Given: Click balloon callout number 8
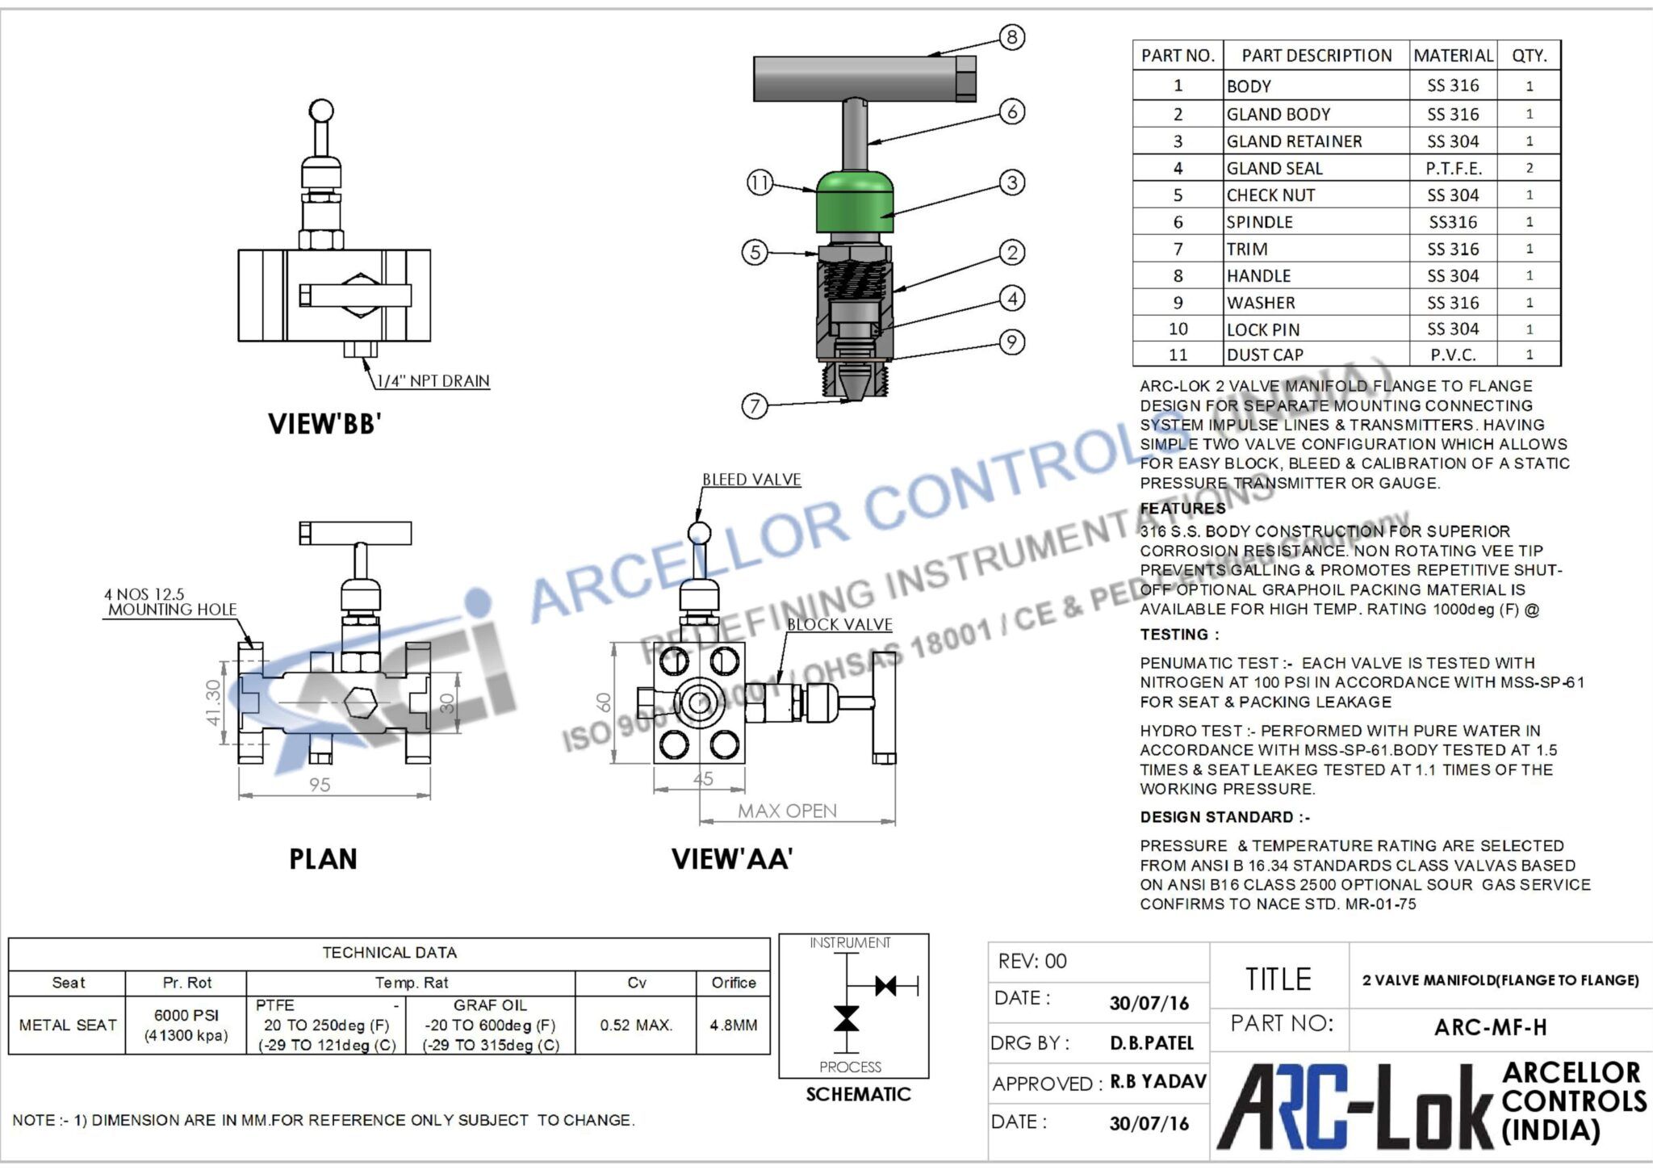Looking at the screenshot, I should [x=1011, y=37].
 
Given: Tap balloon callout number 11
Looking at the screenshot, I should [x=760, y=183].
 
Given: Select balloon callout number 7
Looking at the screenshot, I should [x=755, y=405].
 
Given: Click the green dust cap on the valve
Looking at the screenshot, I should [x=855, y=202].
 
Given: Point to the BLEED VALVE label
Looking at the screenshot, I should [x=751, y=480].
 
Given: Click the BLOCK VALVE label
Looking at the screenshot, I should [x=839, y=625].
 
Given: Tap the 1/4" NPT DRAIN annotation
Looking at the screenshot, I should [x=433, y=381].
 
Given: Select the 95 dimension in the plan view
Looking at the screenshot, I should [x=320, y=785].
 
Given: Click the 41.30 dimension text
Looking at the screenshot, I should [x=213, y=702].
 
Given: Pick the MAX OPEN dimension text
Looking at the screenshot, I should [x=787, y=811].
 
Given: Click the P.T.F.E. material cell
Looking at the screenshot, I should [x=1453, y=169].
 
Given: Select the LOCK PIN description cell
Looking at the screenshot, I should [x=1263, y=329].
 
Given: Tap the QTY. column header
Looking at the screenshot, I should [x=1529, y=56].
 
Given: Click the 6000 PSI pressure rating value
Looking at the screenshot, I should [x=186, y=1015].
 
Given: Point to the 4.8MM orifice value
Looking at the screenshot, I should [x=733, y=1025].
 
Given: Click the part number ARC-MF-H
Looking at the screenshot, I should [x=1490, y=1027].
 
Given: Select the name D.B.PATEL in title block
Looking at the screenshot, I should [x=1151, y=1043].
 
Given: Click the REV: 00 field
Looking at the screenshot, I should [x=1032, y=961].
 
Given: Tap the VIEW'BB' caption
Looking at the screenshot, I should [x=324, y=424].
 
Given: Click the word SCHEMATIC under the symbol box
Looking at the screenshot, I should [x=858, y=1094].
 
